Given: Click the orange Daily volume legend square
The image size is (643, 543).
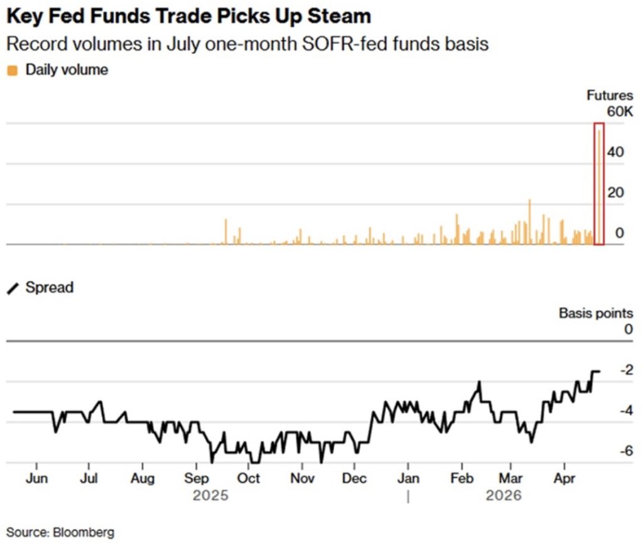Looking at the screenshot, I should tap(12, 70).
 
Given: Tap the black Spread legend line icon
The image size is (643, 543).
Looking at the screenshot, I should tap(13, 288).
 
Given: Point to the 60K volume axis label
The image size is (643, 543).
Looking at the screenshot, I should tap(619, 112).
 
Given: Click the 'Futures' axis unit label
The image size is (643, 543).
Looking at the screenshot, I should tap(610, 96).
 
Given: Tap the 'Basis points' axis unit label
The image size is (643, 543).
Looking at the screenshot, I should tap(596, 312).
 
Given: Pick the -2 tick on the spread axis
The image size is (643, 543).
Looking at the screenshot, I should tap(625, 370).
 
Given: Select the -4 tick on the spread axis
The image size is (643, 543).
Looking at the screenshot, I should tap(625, 410).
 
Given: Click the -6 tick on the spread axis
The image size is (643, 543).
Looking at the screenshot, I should tap(625, 451).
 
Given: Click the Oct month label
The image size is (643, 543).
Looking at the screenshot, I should tap(249, 478).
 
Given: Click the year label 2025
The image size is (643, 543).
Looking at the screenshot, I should tap(211, 496).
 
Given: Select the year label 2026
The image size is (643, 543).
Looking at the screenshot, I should tap(504, 496).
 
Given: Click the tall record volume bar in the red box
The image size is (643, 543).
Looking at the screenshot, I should tap(599, 189).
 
